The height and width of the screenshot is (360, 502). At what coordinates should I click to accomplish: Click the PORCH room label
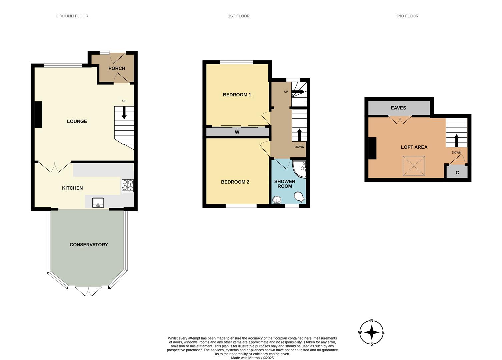pos(117,68)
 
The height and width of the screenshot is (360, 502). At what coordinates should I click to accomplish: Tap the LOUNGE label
pos(77,121)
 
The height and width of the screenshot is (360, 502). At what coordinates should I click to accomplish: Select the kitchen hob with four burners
pos(127,185)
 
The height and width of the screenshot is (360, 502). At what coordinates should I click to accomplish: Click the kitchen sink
pos(98,203)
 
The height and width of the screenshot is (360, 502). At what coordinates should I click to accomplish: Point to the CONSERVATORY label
pos(89,245)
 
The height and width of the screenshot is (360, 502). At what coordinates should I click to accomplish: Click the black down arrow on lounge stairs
pos(124,113)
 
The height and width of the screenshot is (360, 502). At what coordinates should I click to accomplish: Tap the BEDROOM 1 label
pos(237,95)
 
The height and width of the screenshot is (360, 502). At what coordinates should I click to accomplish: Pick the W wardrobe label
pos(237,132)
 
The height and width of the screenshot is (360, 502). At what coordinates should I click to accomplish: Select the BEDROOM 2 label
pos(235,182)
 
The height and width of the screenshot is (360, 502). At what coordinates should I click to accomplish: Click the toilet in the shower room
pos(300,197)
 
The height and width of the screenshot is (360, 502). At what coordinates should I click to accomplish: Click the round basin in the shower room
pos(277,200)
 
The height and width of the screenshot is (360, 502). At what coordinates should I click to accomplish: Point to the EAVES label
pos(398,108)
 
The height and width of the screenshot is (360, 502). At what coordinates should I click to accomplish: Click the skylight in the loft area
pos(414,166)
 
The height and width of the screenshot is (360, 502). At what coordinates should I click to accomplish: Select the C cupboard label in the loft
pos(457,173)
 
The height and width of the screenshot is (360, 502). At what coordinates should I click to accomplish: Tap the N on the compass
pos(372,321)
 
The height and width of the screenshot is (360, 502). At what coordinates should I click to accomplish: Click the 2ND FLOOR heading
pos(407,16)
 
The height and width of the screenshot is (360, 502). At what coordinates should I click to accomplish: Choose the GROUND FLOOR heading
pos(72,16)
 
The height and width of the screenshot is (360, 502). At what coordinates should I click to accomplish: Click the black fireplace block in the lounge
pos(38,114)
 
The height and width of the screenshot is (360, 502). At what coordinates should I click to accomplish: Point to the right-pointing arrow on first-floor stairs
pos(298,92)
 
